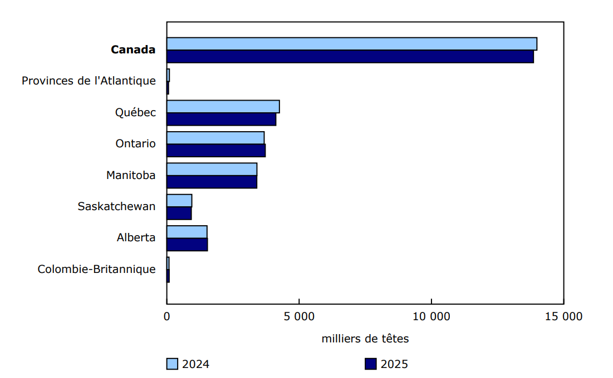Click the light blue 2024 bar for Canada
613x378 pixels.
point(352,44)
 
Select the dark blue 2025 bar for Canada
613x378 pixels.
point(350,57)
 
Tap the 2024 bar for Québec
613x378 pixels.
point(223,107)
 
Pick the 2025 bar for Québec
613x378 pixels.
point(221,120)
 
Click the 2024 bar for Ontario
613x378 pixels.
point(215,138)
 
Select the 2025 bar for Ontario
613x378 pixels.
point(216,151)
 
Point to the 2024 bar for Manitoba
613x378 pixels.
point(212,170)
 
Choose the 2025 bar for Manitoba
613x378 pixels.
point(212,182)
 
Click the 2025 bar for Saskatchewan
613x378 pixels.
point(179,213)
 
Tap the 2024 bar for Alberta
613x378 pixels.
point(187,232)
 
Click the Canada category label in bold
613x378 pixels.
point(133,50)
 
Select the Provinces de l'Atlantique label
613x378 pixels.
point(89,81)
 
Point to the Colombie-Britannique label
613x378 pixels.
point(97,270)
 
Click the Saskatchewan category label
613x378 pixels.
point(116,207)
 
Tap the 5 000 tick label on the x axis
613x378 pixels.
point(299,317)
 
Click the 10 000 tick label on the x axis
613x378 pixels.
point(431,317)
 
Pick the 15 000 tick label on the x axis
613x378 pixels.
point(563,317)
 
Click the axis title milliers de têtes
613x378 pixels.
point(365,339)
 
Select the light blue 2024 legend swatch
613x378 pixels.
point(172,364)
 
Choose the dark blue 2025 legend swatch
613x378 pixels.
point(371,364)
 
